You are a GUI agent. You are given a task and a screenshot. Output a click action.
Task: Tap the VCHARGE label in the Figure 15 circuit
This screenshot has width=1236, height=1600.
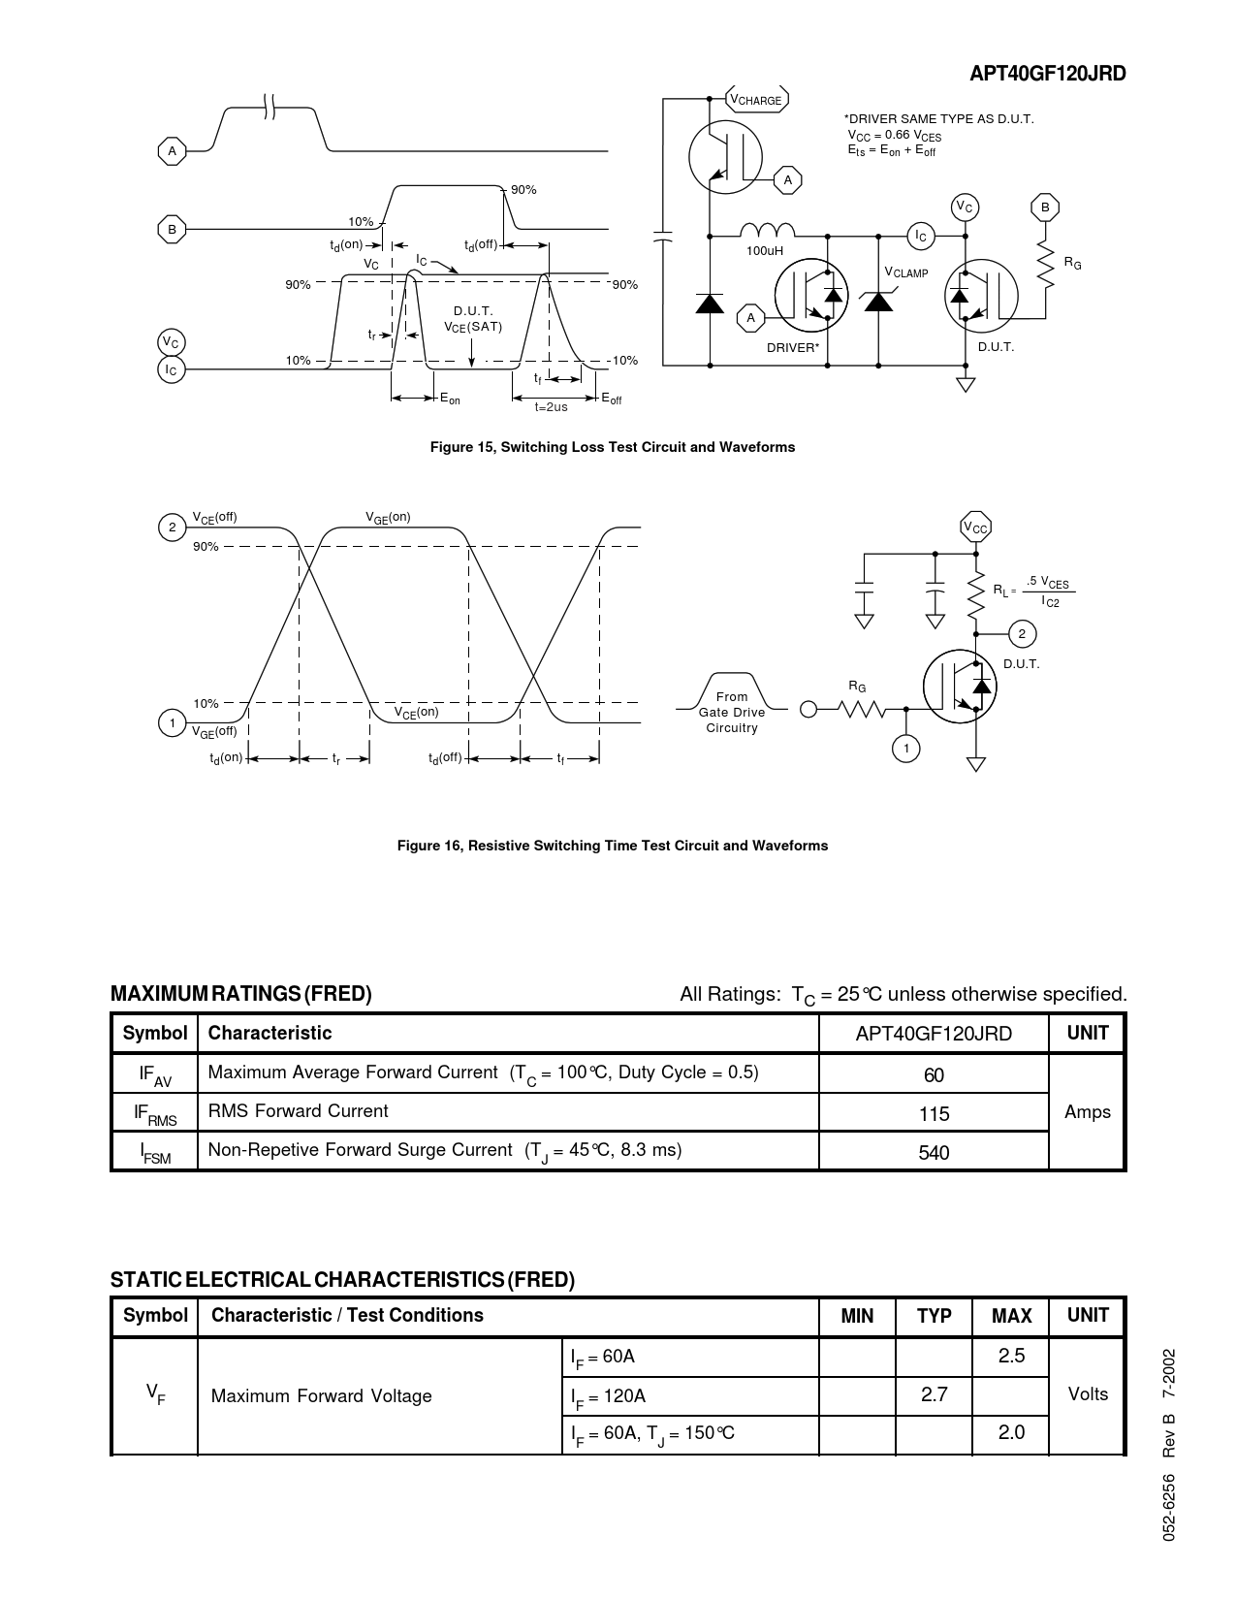point(756,99)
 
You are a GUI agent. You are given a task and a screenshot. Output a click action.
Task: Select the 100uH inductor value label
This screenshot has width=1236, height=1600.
point(765,251)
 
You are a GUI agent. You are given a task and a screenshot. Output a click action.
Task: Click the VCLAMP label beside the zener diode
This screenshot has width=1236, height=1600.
point(906,272)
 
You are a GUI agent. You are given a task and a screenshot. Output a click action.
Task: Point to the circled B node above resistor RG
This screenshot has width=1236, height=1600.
point(1045,208)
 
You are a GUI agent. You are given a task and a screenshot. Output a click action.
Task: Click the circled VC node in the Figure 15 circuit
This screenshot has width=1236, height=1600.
point(964,208)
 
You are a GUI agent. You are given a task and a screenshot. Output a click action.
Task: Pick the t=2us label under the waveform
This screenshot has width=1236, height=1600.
point(551,407)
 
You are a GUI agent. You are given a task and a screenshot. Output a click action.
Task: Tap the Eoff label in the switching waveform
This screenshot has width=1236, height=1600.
point(611,399)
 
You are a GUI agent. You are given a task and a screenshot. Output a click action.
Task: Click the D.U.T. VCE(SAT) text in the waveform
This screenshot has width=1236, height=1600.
point(473,319)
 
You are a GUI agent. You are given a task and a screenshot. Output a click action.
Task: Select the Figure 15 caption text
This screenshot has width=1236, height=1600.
point(613,447)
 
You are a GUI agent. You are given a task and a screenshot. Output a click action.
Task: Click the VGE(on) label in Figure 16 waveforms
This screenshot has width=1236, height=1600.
point(388,518)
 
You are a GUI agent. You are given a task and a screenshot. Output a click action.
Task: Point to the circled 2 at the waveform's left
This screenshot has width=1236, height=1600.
point(172,528)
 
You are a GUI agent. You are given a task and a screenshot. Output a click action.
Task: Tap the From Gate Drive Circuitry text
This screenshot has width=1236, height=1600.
point(732,712)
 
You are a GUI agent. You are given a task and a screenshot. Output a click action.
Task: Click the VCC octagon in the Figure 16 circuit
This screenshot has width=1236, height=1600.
point(975,528)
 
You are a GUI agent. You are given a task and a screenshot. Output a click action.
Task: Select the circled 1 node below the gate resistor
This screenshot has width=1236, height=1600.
point(906,749)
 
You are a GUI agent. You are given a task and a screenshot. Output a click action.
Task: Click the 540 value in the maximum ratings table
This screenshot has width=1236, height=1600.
point(934,1153)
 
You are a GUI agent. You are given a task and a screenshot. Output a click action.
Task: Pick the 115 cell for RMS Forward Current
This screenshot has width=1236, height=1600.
point(934,1114)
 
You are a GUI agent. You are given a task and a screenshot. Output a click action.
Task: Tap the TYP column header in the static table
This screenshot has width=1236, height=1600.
point(934,1316)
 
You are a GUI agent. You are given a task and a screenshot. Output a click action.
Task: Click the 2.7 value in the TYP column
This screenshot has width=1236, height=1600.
point(934,1394)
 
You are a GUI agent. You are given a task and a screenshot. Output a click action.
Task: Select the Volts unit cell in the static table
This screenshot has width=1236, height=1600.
point(1087,1394)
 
